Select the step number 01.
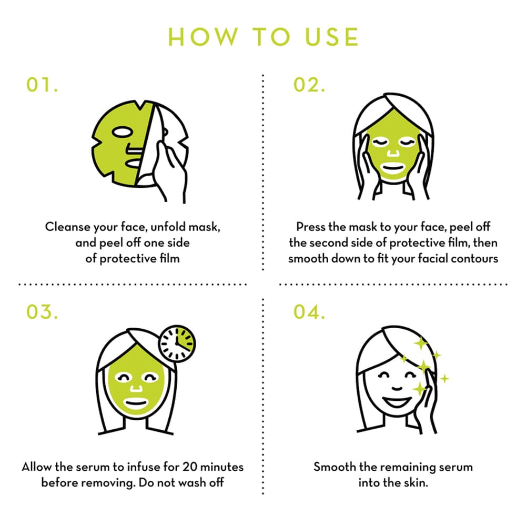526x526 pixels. (x=42, y=86)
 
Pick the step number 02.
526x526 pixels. (x=310, y=86)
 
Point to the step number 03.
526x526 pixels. (x=42, y=311)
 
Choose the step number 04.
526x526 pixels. (x=310, y=311)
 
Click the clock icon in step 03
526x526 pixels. (x=177, y=342)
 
